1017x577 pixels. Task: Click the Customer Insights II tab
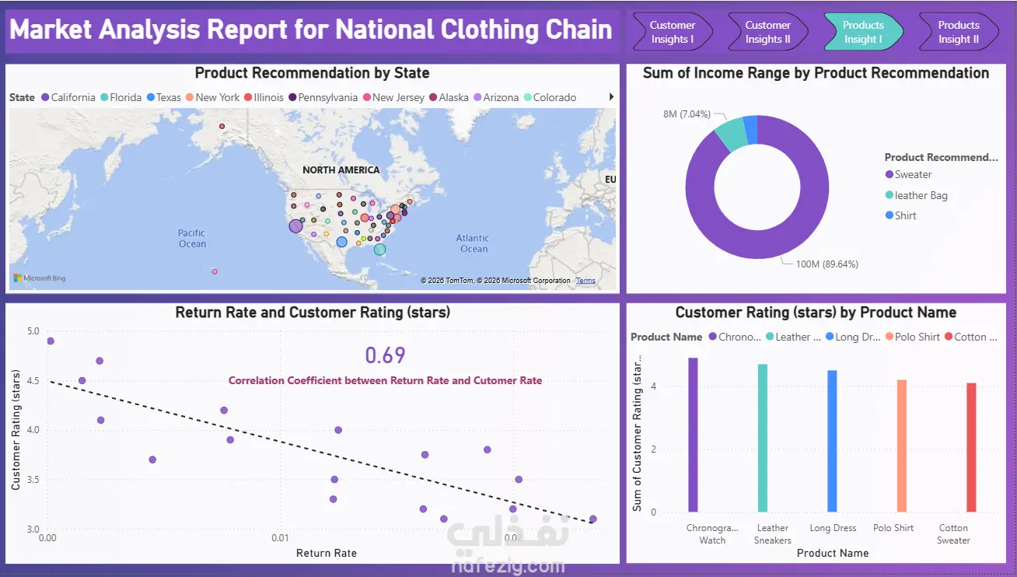click(767, 32)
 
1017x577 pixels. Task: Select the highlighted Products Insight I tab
click(863, 32)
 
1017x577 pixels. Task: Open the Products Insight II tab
click(959, 32)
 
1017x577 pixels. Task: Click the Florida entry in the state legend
click(121, 98)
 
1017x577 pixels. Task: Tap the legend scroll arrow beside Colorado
click(611, 96)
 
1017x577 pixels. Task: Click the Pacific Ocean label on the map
click(191, 238)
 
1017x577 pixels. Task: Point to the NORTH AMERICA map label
click(341, 170)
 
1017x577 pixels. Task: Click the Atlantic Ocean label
click(473, 243)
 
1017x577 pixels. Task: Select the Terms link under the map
click(585, 281)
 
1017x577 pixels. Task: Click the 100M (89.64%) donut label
click(827, 264)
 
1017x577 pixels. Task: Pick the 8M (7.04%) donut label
click(687, 114)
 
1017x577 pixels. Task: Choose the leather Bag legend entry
click(917, 195)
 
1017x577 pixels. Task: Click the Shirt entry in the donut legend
click(901, 215)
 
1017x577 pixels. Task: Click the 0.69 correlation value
click(385, 355)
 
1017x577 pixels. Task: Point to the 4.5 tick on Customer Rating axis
click(33, 380)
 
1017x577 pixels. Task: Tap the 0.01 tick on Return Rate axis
click(280, 538)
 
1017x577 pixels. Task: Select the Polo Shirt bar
click(902, 446)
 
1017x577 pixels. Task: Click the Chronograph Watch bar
click(693, 435)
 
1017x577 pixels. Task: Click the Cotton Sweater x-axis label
click(953, 534)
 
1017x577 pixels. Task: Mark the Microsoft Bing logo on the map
click(40, 278)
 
